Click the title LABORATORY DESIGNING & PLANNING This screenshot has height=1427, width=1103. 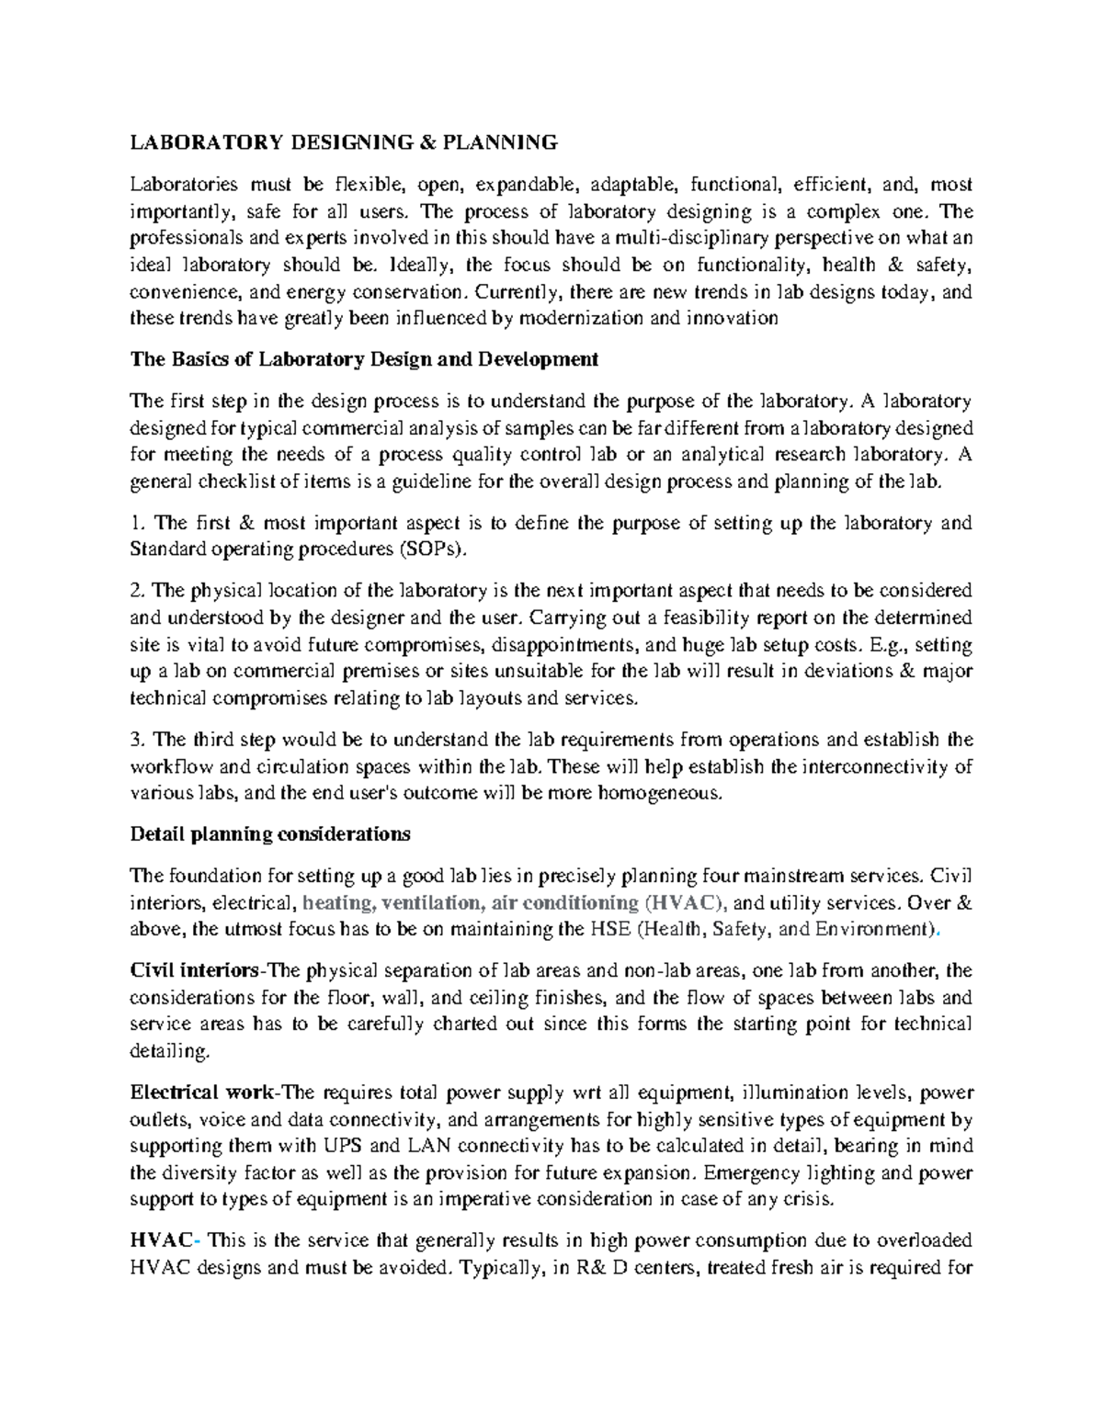click(344, 142)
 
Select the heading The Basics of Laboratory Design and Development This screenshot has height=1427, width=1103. click(364, 359)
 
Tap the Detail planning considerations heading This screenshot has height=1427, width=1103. click(270, 834)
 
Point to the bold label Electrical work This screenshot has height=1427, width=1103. click(201, 1093)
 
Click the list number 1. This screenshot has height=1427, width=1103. click(137, 524)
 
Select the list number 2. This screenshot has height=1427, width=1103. click(137, 591)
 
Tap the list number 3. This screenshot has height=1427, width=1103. click(137, 741)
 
